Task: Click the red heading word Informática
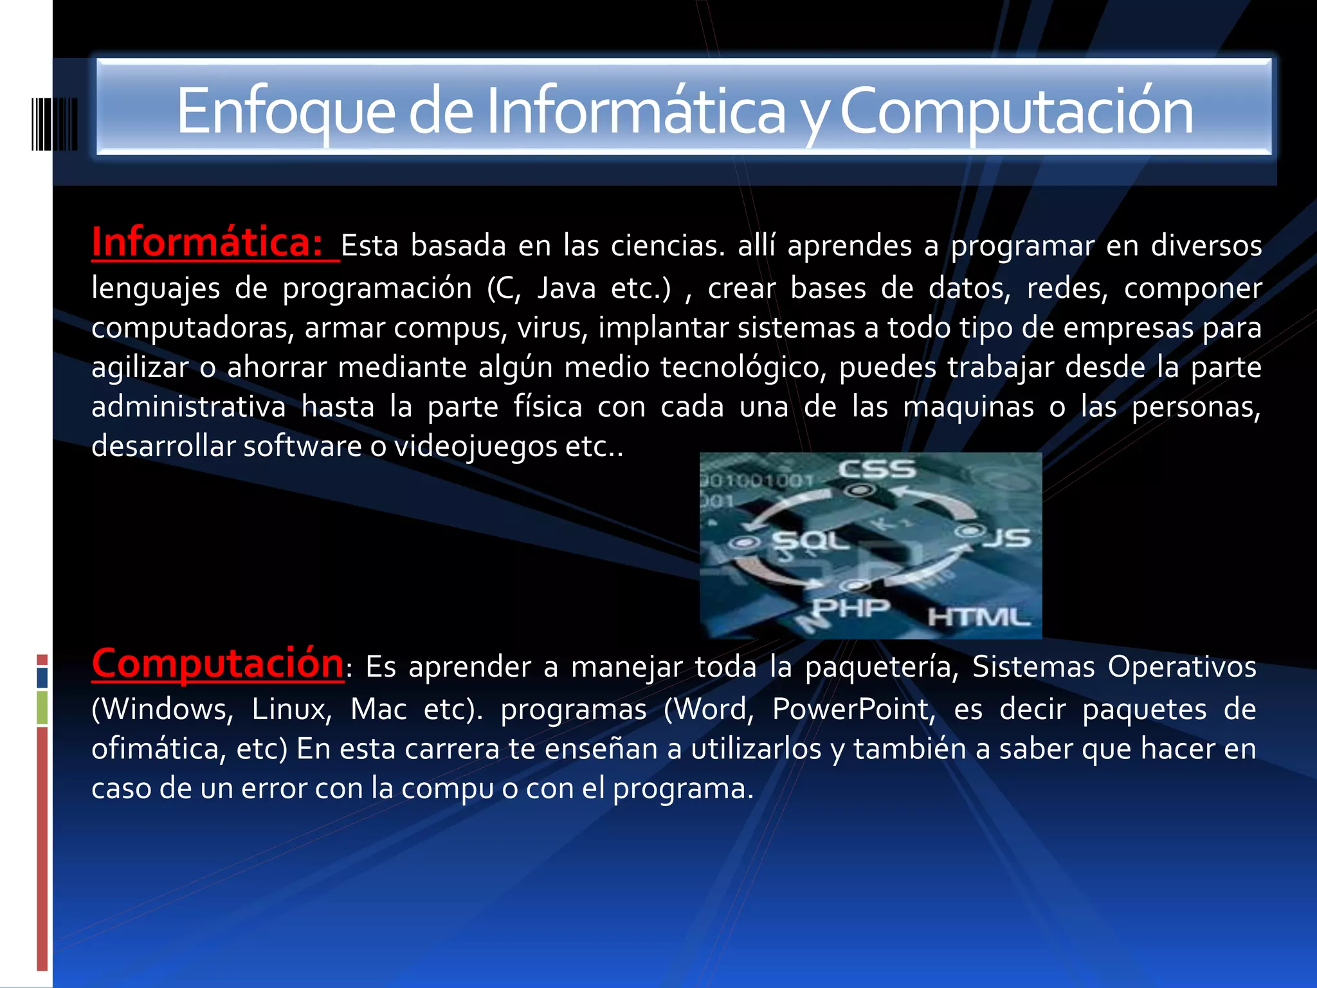click(x=207, y=243)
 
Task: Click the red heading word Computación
click(x=217, y=663)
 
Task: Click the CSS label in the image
click(x=876, y=470)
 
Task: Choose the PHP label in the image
click(x=851, y=607)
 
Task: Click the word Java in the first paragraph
click(x=567, y=288)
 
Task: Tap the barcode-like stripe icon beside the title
click(x=55, y=123)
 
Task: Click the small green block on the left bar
click(x=42, y=708)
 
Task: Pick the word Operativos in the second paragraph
click(x=1181, y=667)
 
